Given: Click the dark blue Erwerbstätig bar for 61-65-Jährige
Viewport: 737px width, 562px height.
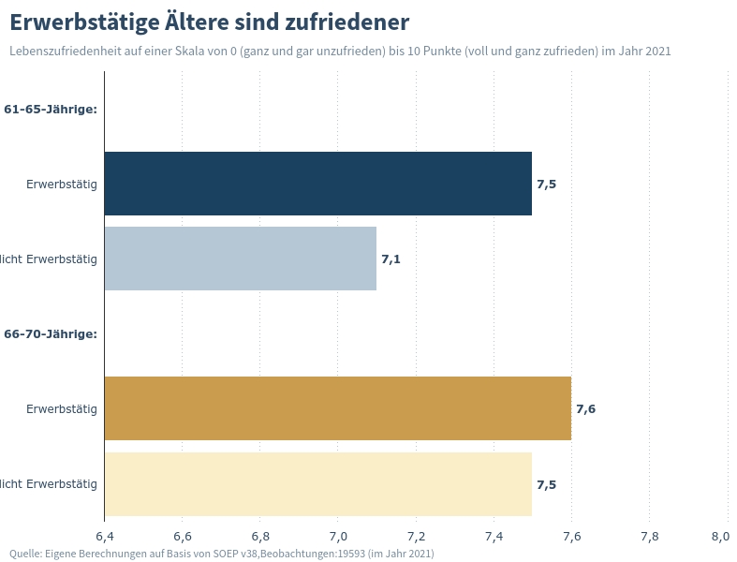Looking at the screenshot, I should click(317, 184).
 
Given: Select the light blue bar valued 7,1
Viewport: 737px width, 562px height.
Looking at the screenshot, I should click(240, 259).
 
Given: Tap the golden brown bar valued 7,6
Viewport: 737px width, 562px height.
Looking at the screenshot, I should click(337, 408).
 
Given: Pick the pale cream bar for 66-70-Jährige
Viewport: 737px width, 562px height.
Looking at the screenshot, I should click(317, 484).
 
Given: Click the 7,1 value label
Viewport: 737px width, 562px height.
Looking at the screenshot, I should click(391, 259).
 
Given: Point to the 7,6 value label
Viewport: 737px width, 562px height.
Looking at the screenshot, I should click(585, 409).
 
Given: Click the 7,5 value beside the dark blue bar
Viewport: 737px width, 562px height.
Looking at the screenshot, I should click(546, 185).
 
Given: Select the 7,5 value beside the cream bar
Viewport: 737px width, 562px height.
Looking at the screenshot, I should click(546, 485).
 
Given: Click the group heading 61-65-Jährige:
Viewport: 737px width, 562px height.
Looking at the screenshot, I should click(51, 110).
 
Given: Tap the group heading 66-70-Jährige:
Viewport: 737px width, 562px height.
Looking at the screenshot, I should click(51, 334).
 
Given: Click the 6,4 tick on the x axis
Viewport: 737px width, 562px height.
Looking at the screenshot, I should click(105, 537).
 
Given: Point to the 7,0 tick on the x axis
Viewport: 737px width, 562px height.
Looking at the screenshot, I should click(338, 537).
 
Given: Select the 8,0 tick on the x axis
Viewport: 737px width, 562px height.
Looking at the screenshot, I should click(720, 537).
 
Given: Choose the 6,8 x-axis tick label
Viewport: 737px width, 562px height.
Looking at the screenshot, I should click(260, 537).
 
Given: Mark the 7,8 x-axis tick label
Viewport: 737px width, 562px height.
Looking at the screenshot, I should click(649, 537).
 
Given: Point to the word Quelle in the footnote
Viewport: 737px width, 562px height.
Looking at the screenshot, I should click(25, 554).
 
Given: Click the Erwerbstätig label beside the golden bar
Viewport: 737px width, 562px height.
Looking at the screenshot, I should click(62, 409).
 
